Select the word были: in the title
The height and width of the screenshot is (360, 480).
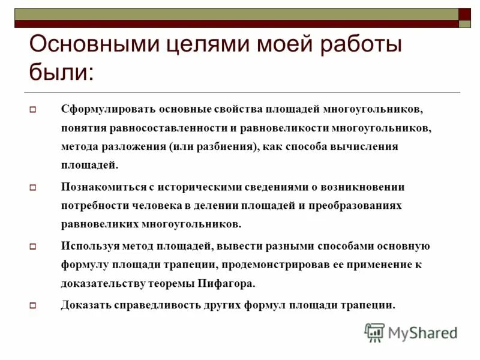(61, 73)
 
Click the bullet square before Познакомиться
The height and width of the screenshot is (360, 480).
(34, 188)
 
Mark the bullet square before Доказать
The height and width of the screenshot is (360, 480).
(34, 305)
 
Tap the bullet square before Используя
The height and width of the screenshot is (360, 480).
(34, 246)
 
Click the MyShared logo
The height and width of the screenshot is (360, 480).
(411, 332)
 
